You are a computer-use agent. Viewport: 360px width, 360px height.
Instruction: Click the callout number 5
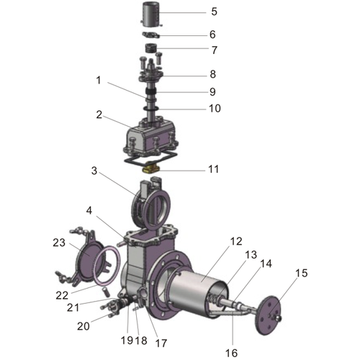213,12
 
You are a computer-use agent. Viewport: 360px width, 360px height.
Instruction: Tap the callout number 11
213,170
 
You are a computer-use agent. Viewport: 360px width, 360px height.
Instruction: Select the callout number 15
301,274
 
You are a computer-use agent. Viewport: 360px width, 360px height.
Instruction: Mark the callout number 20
84,326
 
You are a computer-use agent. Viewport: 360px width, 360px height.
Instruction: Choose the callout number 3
94,171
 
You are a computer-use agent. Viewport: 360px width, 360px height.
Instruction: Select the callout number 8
213,74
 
